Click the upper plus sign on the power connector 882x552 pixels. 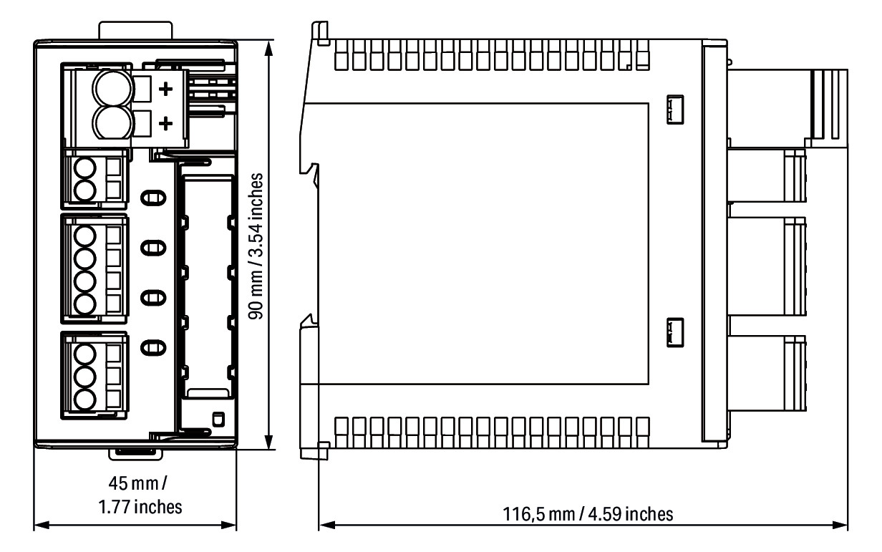(x=165, y=89)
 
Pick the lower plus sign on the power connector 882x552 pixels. (x=165, y=123)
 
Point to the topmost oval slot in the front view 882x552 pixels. (x=150, y=198)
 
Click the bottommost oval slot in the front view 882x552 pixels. (x=150, y=349)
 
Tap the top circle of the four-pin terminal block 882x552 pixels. (x=85, y=237)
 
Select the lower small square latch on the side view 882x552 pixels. (x=675, y=331)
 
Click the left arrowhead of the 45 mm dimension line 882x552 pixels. (x=40, y=525)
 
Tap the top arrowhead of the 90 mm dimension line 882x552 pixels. (x=269, y=47)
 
